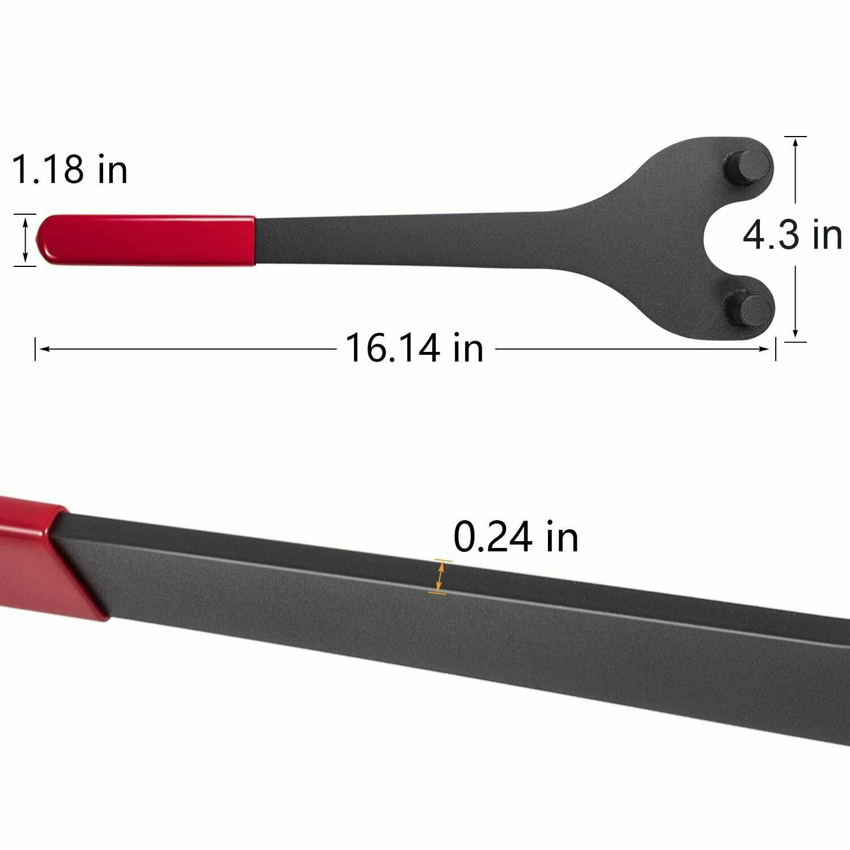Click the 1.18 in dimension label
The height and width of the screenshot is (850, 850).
pos(70,168)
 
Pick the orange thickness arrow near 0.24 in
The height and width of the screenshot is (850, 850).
pos(440,577)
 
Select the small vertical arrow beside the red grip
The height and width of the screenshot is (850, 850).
pos(24,240)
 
